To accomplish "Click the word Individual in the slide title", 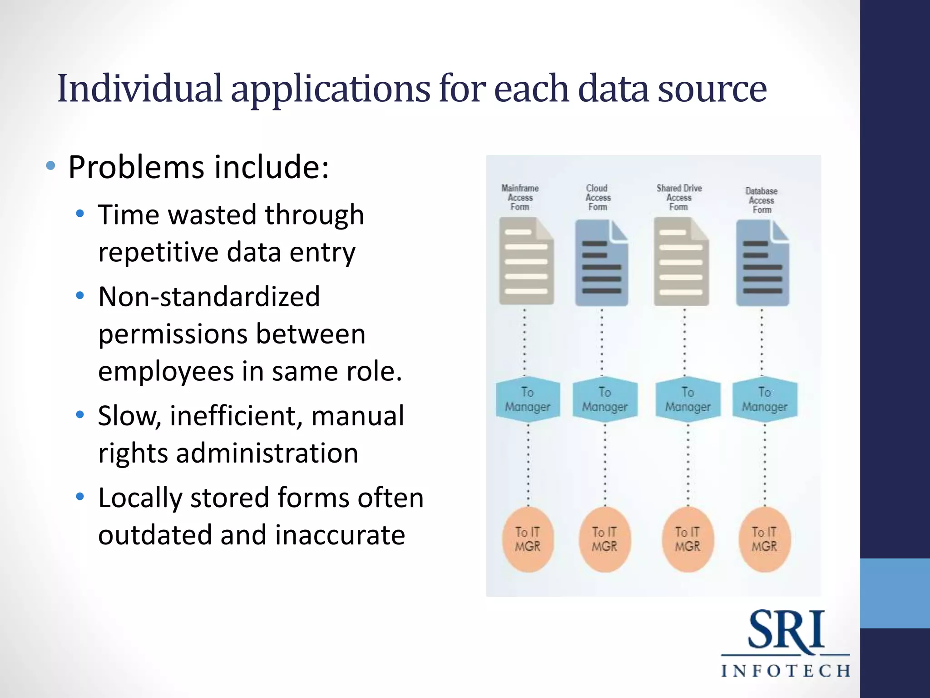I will point(140,89).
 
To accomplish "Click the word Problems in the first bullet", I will point(136,168).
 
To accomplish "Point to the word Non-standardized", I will point(209,297).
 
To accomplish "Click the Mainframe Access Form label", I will point(520,197).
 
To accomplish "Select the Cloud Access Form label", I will point(598,197).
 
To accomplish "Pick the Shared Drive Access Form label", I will point(679,197).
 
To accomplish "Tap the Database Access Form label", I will point(762,200).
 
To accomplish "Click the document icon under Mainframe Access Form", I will point(526,261).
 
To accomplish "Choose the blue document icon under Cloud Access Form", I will point(602,263).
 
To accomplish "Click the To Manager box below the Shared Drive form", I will point(688,399).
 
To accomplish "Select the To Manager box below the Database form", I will point(765,399).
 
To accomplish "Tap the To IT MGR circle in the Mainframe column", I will point(528,539).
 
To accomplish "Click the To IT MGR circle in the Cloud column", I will point(604,539).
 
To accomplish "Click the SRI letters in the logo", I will point(786,630).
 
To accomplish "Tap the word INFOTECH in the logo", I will point(786,671).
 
